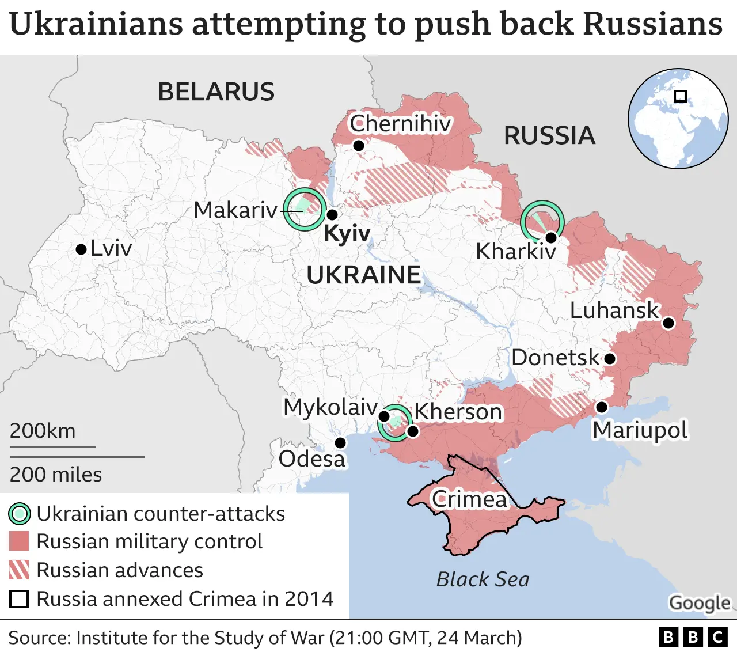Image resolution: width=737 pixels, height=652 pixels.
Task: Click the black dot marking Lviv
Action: point(81,249)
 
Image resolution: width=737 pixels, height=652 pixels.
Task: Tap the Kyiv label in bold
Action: point(347,234)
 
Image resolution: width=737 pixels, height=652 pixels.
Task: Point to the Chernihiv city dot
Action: point(358,146)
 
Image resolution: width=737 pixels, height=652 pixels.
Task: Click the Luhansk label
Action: point(614,310)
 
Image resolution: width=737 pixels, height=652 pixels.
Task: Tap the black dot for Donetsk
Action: point(610,359)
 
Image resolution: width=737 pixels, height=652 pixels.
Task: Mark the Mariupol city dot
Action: point(601,407)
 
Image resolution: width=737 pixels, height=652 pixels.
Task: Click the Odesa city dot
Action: point(340,442)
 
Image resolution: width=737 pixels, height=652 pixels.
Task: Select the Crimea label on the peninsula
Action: point(469,499)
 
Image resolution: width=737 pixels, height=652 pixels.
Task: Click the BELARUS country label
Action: point(216,92)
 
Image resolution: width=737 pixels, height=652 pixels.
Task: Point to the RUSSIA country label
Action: point(549,136)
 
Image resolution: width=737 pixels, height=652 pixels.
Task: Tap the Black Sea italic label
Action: point(483,579)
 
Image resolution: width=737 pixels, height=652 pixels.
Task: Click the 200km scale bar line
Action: point(52,446)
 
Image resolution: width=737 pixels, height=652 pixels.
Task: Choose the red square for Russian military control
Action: point(19,541)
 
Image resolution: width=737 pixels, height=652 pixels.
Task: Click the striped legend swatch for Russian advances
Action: point(19,570)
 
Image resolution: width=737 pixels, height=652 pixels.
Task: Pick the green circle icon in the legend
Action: point(19,514)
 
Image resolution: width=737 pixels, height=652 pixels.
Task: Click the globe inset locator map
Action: point(678,119)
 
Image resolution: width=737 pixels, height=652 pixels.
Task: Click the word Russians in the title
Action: point(653,24)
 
